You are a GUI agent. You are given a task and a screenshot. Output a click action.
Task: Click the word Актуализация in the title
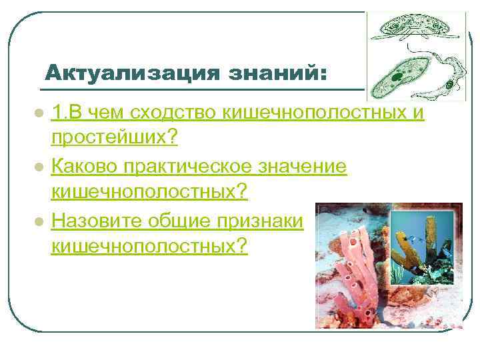[128, 71]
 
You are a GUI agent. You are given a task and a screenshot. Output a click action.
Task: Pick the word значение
[310, 166]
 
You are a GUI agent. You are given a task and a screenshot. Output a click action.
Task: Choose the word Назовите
[97, 220]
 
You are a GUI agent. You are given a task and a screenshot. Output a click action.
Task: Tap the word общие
[182, 220]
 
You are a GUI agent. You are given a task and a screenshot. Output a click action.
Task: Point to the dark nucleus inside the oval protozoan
[398, 79]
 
